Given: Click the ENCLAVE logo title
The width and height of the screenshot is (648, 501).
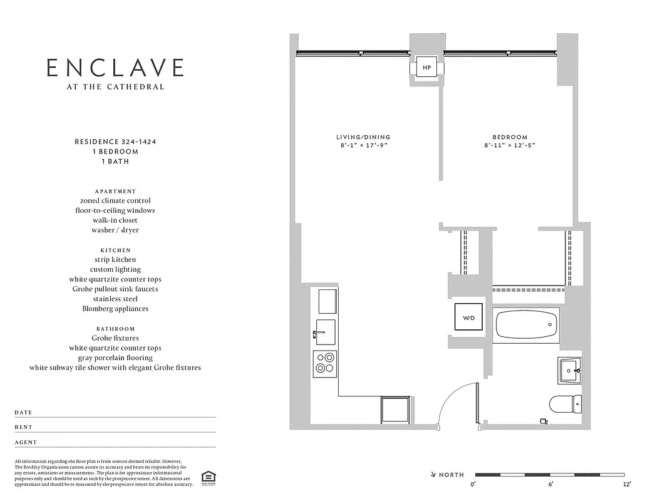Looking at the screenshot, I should click(116, 68).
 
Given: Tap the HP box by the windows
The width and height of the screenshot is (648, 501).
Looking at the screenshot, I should click(426, 67).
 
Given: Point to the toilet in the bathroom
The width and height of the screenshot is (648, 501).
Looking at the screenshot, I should click(565, 404).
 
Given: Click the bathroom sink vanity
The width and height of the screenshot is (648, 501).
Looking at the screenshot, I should click(570, 369).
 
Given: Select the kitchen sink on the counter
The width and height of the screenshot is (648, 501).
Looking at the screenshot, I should click(325, 332).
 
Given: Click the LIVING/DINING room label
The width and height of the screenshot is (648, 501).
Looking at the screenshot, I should click(363, 137).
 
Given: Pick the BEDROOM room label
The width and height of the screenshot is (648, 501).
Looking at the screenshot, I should click(510, 137).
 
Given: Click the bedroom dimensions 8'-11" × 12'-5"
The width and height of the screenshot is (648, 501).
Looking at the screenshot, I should click(510, 145).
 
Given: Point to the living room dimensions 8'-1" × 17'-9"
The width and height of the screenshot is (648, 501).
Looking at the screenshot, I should click(363, 145).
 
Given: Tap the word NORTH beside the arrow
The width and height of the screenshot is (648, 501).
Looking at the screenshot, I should click(451, 475).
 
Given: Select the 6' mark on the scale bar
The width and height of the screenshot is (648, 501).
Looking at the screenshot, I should click(550, 484).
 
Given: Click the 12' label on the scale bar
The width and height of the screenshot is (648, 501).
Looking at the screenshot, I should click(626, 484).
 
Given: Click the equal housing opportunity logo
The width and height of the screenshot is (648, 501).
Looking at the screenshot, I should click(207, 478).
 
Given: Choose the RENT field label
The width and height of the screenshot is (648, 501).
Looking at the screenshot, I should click(24, 428).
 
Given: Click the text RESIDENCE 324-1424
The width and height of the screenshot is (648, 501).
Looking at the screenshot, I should click(115, 142).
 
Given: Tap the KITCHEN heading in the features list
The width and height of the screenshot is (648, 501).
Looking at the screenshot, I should click(115, 250).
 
